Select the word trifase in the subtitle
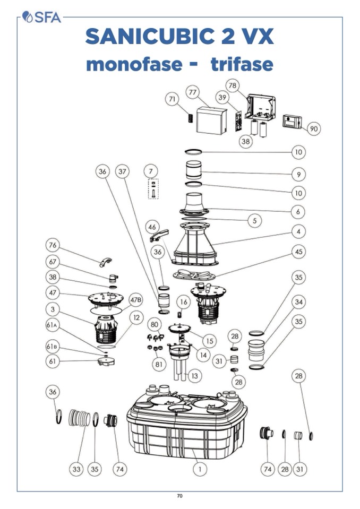[x=242, y=64]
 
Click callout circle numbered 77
[x=192, y=92]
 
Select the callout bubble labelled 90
[x=313, y=128]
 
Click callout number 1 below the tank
[x=200, y=469]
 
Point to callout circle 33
[x=76, y=469]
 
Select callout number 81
[x=158, y=364]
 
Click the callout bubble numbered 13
[x=194, y=376]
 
